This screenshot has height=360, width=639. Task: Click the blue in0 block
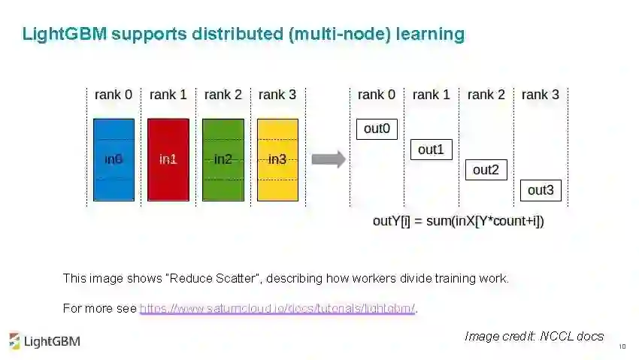click(114, 159)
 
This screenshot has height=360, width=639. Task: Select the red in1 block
click(168, 159)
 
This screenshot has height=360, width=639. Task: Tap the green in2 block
click(223, 159)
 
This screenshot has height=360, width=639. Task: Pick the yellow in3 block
click(277, 159)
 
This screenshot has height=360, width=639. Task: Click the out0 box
click(377, 129)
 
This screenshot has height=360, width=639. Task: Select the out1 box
click(431, 150)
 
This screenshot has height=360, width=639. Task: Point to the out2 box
click(486, 170)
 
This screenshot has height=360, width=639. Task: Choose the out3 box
click(541, 190)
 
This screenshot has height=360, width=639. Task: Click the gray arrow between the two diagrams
click(329, 159)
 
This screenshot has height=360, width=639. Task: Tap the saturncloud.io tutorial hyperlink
click(277, 308)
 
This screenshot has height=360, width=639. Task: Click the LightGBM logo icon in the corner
click(14, 340)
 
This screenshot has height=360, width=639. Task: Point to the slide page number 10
click(622, 347)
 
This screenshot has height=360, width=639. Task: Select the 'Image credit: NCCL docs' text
click(534, 336)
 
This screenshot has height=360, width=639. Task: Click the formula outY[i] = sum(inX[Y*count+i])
click(459, 221)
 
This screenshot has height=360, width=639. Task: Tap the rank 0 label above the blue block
click(114, 95)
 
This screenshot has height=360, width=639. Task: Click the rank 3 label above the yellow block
click(277, 95)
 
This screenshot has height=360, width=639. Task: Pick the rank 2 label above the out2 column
click(486, 95)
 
